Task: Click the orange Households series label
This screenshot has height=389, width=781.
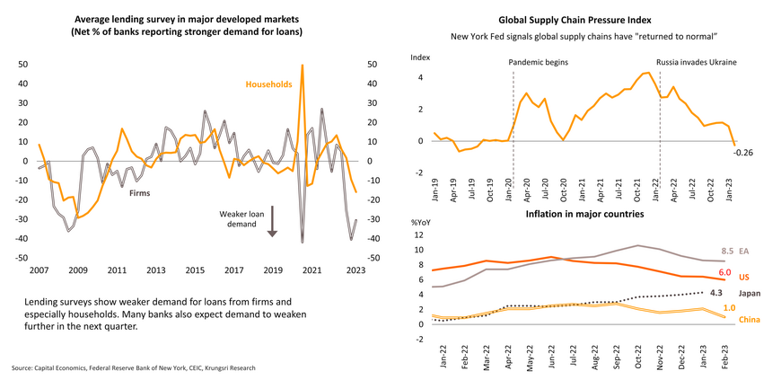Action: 269,84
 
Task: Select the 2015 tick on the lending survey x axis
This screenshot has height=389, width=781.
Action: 194,270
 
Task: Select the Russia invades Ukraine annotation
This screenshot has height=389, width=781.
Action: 697,63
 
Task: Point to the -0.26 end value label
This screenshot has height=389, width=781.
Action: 744,152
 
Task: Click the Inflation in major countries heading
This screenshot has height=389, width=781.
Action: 584,214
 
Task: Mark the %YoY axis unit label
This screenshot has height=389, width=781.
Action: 422,222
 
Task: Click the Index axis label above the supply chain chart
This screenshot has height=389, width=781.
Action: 420,56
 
